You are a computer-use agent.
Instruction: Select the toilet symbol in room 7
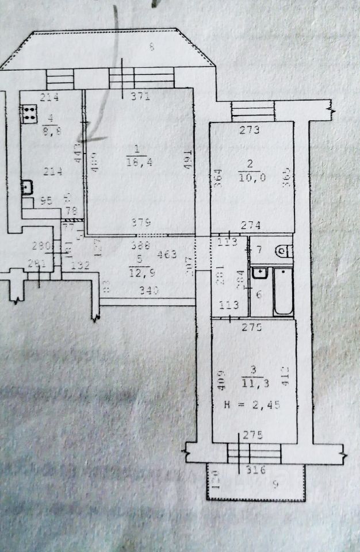pos(284,251)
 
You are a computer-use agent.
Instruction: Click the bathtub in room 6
pos(282,291)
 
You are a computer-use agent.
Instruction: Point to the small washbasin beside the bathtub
pos(261,272)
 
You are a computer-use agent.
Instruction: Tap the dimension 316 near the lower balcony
pos(255,470)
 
